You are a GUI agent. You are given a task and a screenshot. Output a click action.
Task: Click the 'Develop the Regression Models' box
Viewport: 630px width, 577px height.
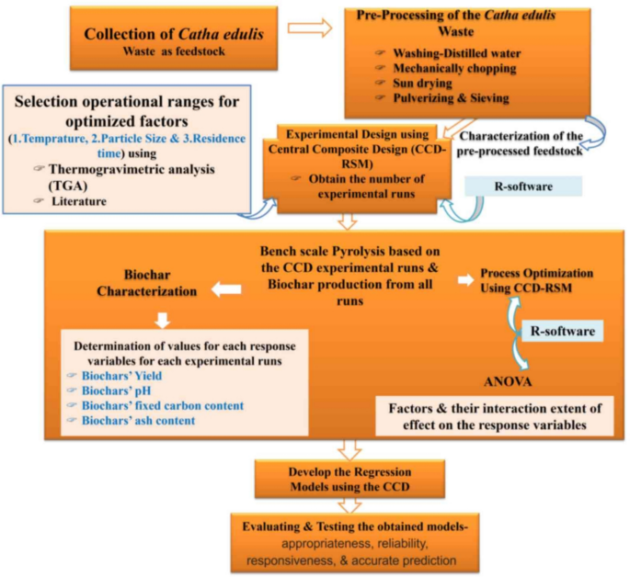tap(346, 480)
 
